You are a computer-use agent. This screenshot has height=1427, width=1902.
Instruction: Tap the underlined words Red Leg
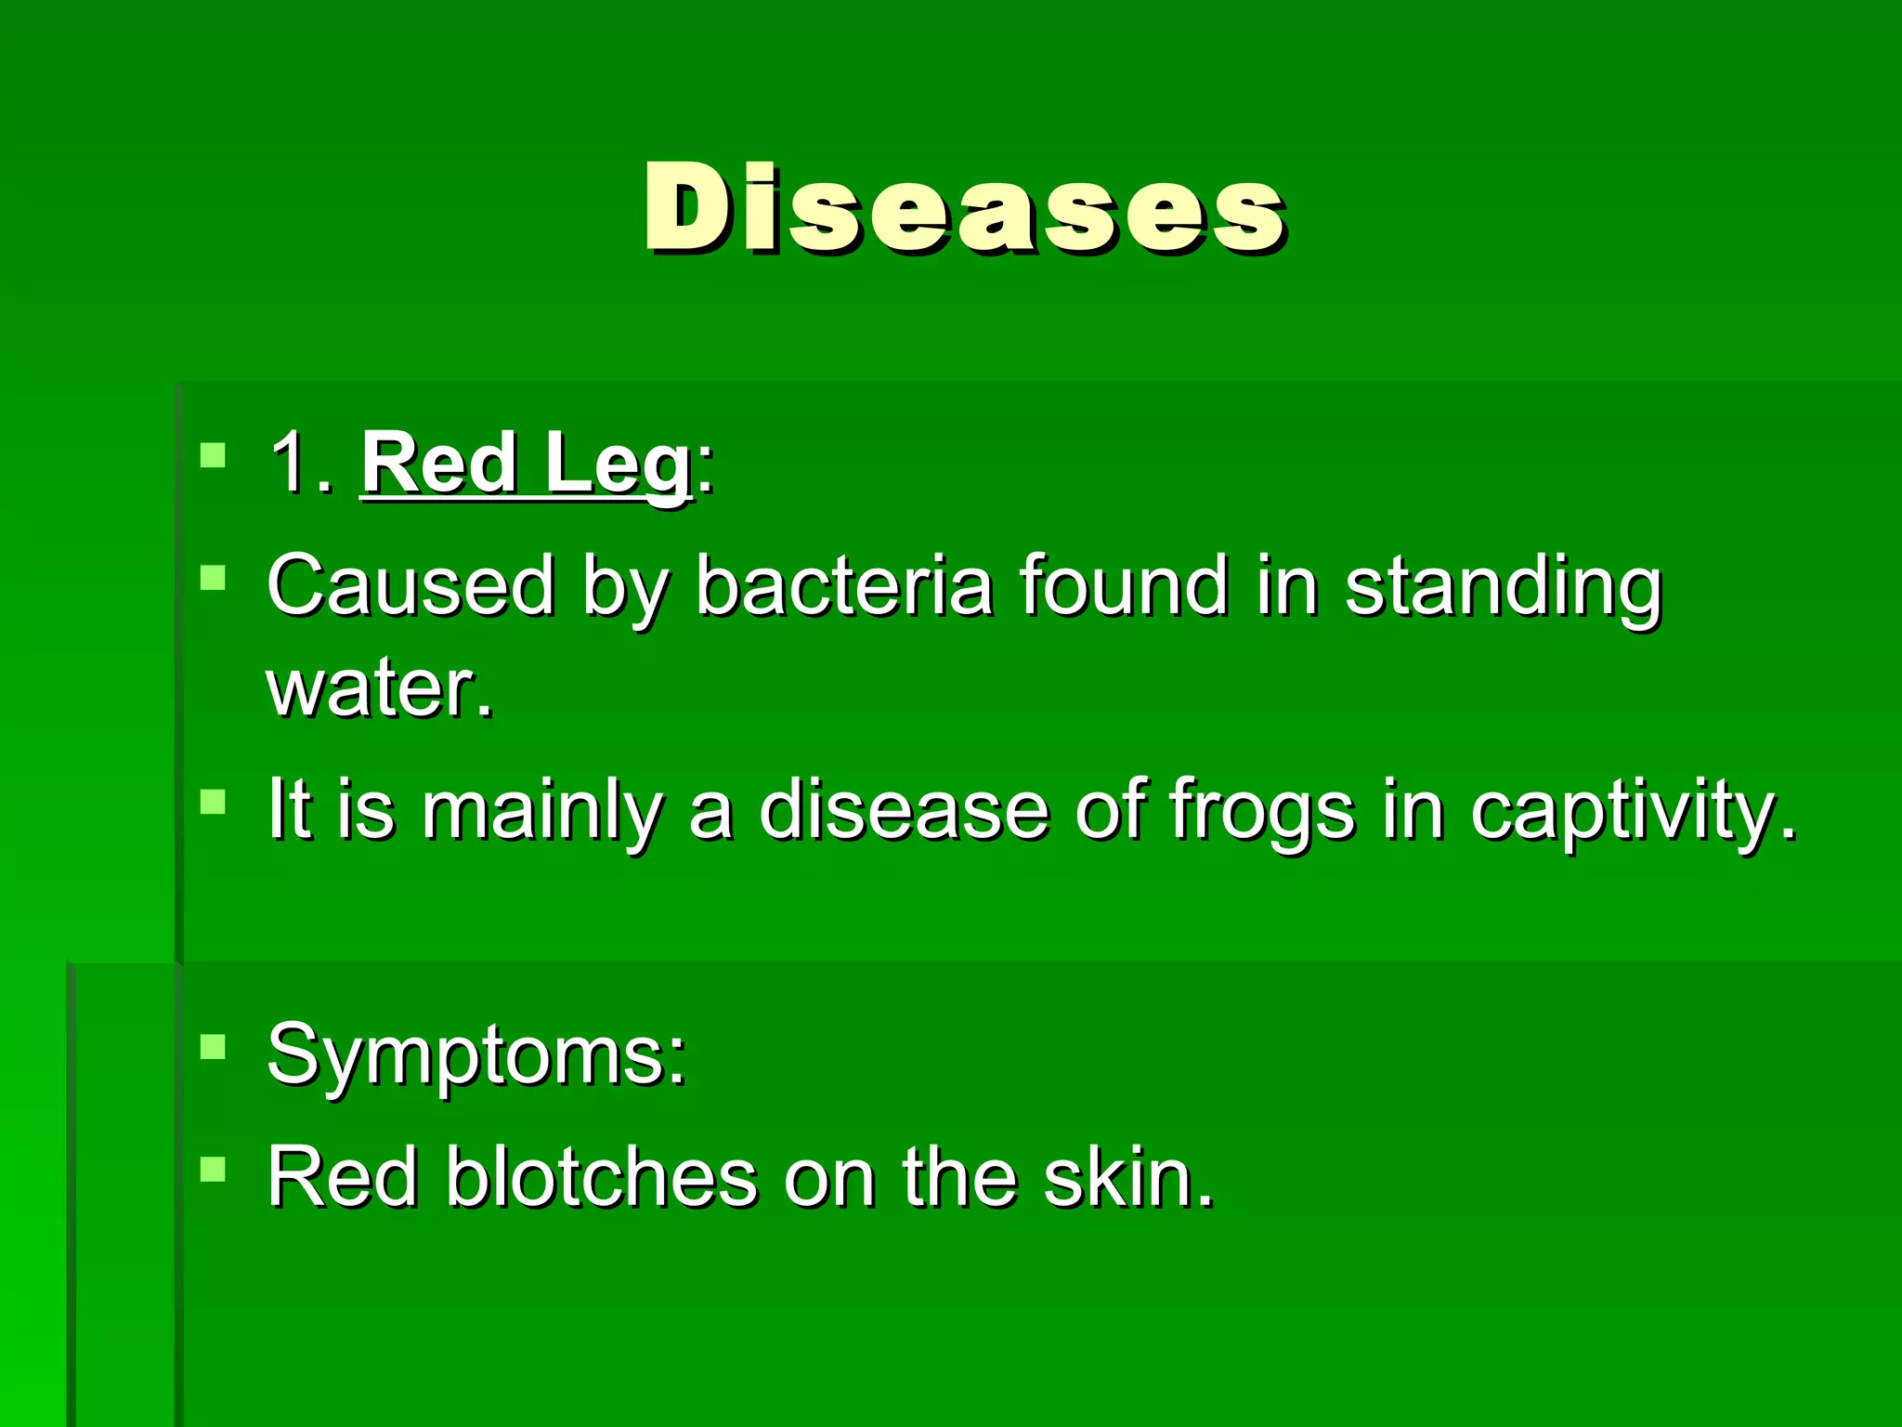pyautogui.click(x=526, y=465)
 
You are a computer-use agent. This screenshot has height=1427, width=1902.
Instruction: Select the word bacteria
pyautogui.click(x=843, y=585)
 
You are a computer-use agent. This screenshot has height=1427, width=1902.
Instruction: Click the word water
pyautogui.click(x=379, y=689)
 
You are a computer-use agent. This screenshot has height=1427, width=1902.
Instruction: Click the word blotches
pyautogui.click(x=602, y=1178)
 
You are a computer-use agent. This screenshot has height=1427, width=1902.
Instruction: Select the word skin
pyautogui.click(x=1127, y=1178)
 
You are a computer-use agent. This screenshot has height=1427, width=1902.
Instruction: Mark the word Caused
pyautogui.click(x=410, y=585)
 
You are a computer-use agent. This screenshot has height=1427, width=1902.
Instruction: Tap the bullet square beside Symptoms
pyautogui.click(x=213, y=1047)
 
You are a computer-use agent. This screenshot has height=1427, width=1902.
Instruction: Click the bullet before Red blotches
pyautogui.click(x=213, y=1168)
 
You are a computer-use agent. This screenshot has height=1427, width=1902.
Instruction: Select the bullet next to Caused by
pyautogui.click(x=213, y=578)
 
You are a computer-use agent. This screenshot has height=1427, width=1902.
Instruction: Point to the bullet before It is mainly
pyautogui.click(x=213, y=801)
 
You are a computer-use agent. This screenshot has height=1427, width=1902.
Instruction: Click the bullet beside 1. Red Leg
pyautogui.click(x=213, y=455)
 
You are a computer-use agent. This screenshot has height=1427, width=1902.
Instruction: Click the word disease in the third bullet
pyautogui.click(x=903, y=810)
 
